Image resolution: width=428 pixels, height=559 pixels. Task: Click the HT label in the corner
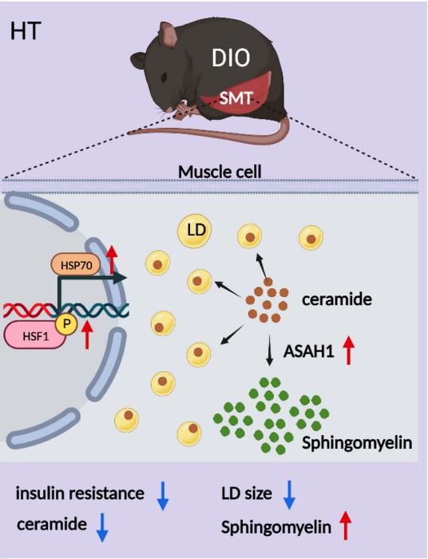point(26,31)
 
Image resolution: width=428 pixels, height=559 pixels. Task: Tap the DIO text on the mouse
point(231,57)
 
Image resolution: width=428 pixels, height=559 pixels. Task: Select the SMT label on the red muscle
point(236,98)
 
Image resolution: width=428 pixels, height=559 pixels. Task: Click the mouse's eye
point(164,77)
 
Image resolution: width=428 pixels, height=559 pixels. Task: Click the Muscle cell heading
point(220,172)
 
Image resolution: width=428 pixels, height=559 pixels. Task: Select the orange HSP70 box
point(76,265)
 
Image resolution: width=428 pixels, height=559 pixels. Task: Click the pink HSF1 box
point(35,335)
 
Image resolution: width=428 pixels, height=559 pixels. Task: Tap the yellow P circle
point(66,325)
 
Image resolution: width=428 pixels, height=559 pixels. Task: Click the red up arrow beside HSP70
point(113,260)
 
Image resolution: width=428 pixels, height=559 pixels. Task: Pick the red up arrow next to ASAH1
point(348,351)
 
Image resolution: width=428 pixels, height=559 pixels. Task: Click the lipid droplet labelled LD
point(194,230)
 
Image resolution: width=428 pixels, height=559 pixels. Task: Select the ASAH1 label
point(308,352)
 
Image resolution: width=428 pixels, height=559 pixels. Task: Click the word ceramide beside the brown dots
point(337,299)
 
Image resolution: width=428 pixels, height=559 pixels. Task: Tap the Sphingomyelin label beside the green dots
point(357,443)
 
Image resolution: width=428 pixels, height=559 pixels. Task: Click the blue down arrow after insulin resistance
point(163,496)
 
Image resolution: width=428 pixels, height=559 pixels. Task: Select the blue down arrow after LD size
point(289,495)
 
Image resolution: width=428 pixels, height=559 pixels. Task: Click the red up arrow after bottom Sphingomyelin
point(345,525)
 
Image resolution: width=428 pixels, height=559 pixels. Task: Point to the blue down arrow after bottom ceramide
point(102,527)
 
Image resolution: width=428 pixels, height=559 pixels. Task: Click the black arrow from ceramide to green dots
point(270,350)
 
